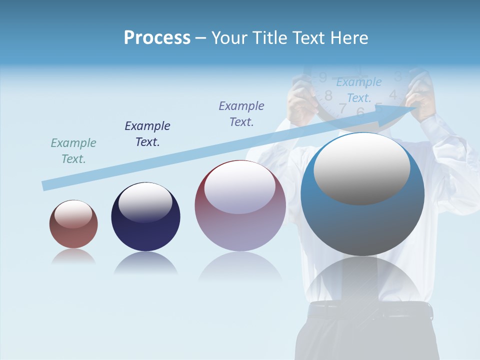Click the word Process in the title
(x=157, y=38)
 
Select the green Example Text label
(x=73, y=151)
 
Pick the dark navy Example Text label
(x=147, y=134)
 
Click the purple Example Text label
(x=241, y=114)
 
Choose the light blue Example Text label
(x=359, y=90)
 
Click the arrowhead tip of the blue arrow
(x=418, y=105)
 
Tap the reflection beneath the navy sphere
(x=145, y=263)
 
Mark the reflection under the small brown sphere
(x=73, y=256)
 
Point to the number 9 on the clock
(x=323, y=77)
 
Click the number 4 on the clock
(x=393, y=94)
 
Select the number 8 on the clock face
(x=328, y=95)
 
